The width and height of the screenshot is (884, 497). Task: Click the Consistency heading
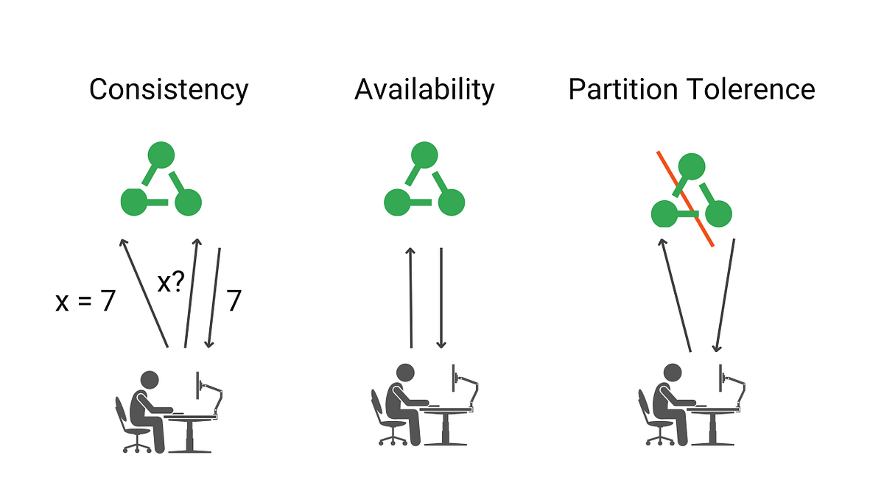point(169,90)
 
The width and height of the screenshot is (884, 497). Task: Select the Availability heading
point(424,90)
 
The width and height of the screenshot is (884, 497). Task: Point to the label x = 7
point(85,302)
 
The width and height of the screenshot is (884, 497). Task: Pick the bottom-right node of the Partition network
point(718,214)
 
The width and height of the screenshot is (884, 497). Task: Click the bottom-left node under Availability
point(397,202)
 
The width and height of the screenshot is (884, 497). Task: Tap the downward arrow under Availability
point(441,297)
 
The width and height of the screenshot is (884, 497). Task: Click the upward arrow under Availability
point(411,297)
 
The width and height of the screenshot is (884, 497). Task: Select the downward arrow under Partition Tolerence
point(725,295)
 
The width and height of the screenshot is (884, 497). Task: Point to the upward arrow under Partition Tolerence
point(676,295)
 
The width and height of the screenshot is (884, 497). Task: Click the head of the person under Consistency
point(150,381)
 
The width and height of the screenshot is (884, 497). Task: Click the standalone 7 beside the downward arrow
point(233,302)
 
